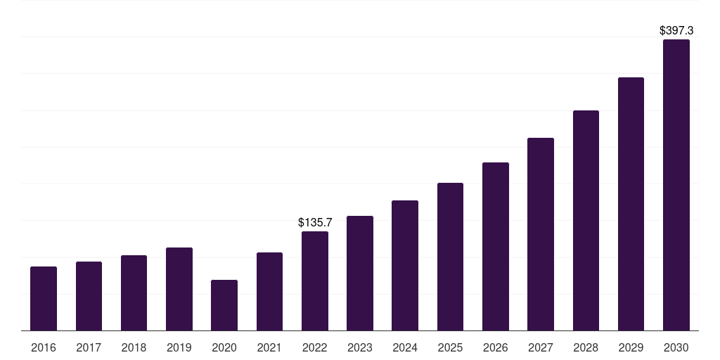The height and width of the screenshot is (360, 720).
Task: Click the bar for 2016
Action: coord(44,298)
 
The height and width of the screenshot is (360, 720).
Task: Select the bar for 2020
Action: coord(224,305)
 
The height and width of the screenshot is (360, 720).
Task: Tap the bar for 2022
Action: coord(315,281)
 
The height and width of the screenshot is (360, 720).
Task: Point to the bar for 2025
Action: coord(450,257)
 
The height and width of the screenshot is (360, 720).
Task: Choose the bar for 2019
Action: coord(179,289)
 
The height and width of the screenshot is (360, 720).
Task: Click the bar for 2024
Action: coord(405,265)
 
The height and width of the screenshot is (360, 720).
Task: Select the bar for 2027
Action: coord(541,234)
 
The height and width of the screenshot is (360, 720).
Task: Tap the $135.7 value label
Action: coord(315,222)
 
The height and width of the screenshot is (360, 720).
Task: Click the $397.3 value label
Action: coord(676,31)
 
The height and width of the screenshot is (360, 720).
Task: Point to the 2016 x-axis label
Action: coord(44,347)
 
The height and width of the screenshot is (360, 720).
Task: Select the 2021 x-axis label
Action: coord(269,347)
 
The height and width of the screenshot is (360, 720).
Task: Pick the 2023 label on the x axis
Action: coord(360,347)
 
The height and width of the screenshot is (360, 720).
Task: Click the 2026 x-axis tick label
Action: coord(496,347)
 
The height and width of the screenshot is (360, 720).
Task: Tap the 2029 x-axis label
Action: coord(631,347)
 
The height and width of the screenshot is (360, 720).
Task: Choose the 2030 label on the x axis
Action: coord(676,347)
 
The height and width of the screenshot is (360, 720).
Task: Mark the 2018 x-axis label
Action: coord(134,347)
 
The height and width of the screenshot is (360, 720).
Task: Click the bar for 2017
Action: coord(89,296)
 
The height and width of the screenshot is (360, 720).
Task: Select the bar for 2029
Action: coord(631,204)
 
